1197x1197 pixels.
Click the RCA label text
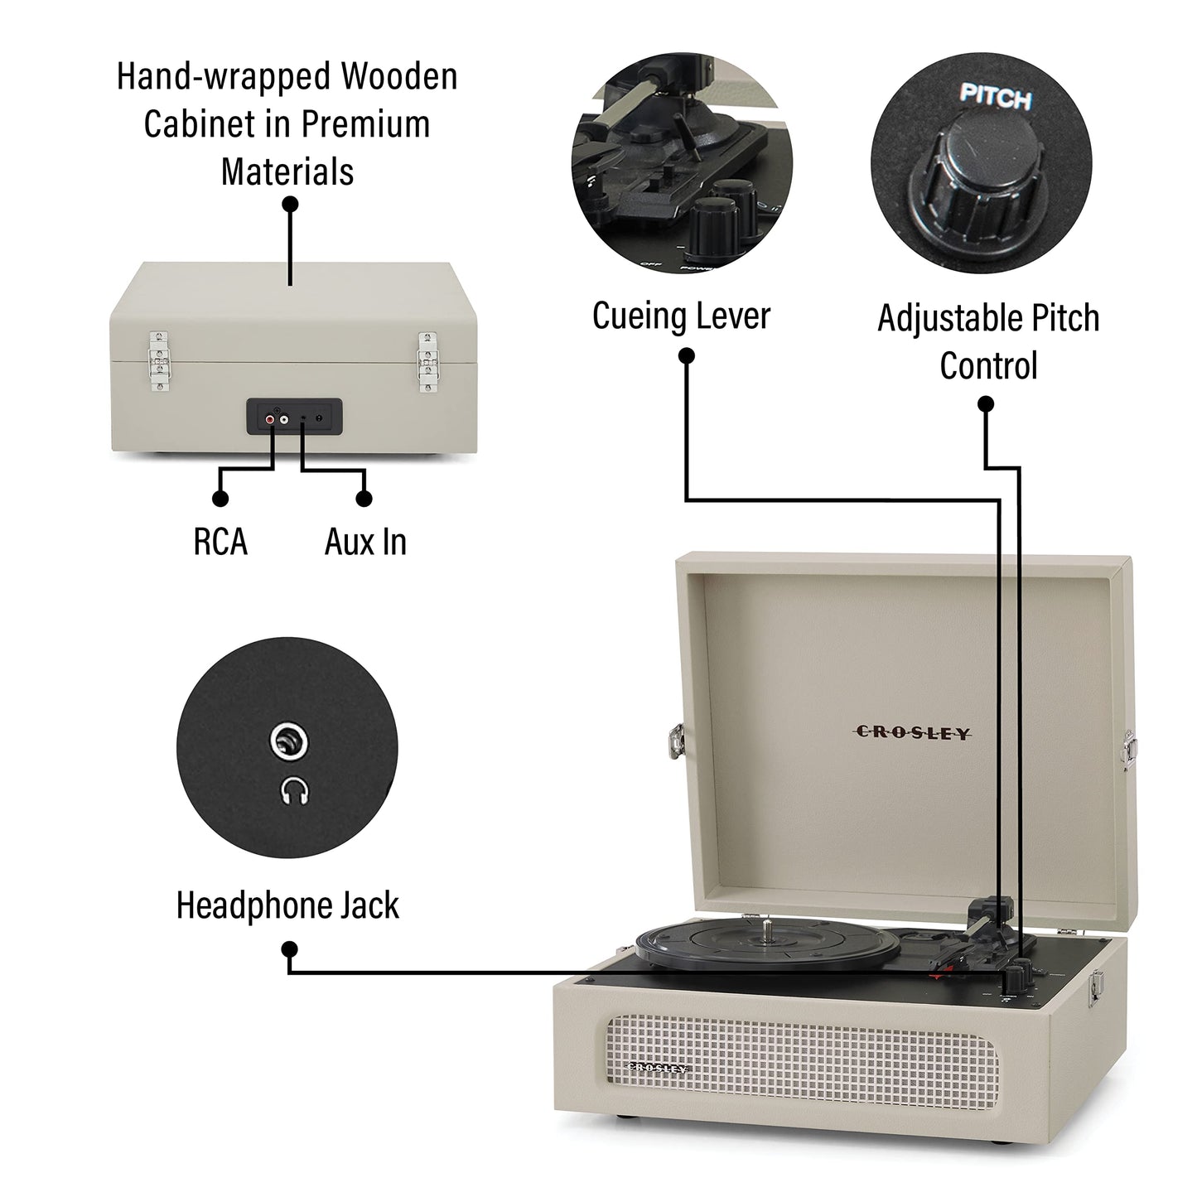tap(220, 542)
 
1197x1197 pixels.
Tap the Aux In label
tap(365, 542)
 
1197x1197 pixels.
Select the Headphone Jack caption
tap(287, 905)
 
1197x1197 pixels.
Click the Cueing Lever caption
tap(681, 316)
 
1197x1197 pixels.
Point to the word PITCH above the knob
tap(995, 97)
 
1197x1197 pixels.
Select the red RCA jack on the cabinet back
tap(271, 420)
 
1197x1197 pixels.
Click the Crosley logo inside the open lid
tap(912, 732)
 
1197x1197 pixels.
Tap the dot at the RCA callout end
tap(220, 498)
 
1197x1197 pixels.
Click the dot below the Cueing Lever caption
tap(686, 356)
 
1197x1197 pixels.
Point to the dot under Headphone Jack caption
tap(289, 949)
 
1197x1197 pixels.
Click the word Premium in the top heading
tap(364, 124)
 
